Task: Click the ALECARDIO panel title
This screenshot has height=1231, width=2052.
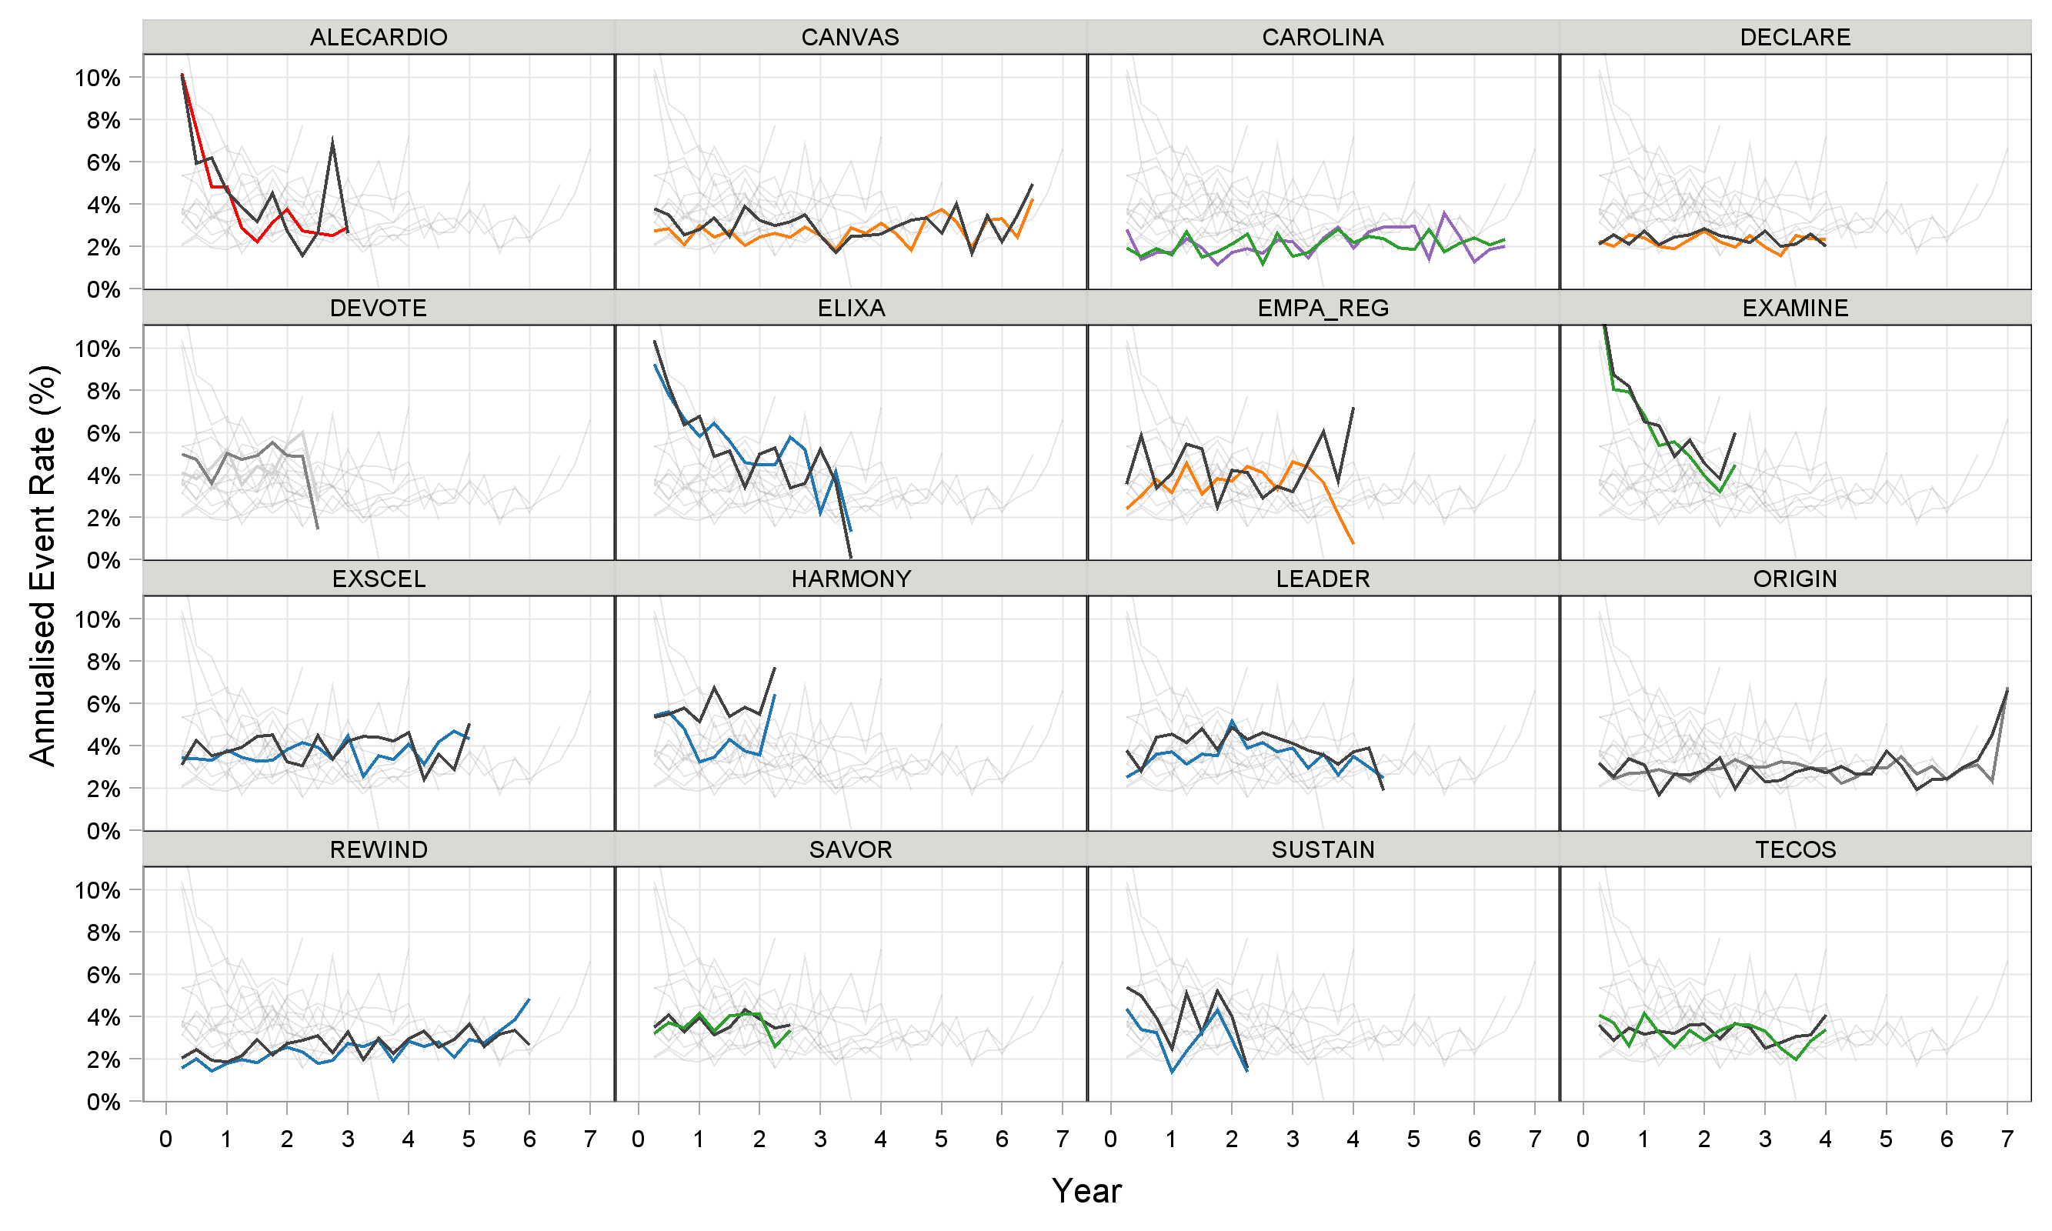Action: [x=379, y=38]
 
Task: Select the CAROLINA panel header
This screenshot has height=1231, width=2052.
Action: [x=1322, y=38]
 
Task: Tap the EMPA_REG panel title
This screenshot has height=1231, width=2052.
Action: [x=1322, y=308]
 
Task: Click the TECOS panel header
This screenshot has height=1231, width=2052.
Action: [x=1795, y=849]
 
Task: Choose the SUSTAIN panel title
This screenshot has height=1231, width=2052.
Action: [x=1322, y=849]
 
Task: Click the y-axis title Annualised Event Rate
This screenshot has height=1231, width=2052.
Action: [x=42, y=565]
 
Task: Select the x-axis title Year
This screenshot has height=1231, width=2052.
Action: [x=1086, y=1191]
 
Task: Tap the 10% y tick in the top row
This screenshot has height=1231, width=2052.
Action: [x=97, y=78]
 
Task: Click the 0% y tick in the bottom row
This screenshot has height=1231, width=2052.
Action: [x=103, y=1102]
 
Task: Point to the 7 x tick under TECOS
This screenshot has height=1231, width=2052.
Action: [x=2007, y=1139]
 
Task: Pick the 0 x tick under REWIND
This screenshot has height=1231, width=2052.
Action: [x=166, y=1139]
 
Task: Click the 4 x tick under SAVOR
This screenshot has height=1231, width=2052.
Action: [x=880, y=1139]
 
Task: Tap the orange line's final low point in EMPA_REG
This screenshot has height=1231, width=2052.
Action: [x=1353, y=543]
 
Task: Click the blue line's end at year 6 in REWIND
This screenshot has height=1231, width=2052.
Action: [x=529, y=999]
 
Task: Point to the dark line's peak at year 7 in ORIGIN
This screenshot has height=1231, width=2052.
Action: [x=2007, y=689]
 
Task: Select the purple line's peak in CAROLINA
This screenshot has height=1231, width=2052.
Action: [x=1444, y=213]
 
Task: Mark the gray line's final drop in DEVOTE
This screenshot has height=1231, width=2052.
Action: [x=317, y=529]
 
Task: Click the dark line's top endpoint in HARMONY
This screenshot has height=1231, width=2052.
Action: [x=775, y=668]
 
